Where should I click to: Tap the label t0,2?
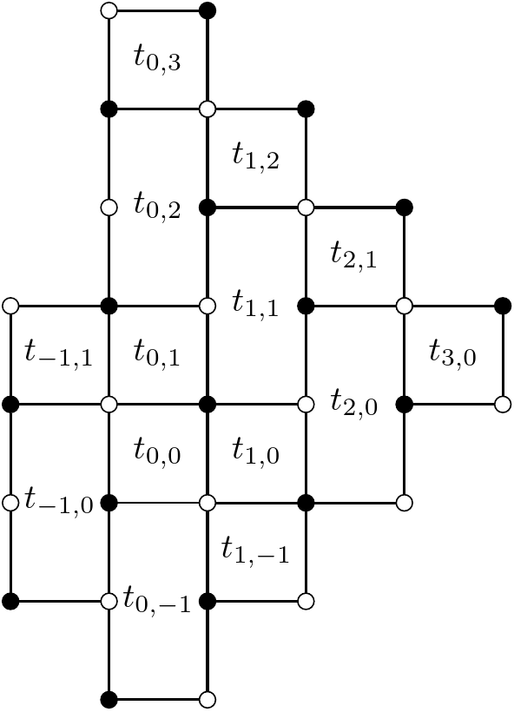tap(157, 207)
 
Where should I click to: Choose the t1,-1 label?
tap(255, 550)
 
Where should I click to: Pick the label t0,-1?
tap(156, 600)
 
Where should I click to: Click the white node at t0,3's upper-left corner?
tap(109, 11)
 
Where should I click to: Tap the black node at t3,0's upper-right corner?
tap(502, 306)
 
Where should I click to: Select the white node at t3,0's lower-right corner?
tap(502, 405)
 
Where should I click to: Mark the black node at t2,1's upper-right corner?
tap(404, 208)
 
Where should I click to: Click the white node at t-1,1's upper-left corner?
tap(10, 306)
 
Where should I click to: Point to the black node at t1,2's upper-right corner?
tap(306, 109)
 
